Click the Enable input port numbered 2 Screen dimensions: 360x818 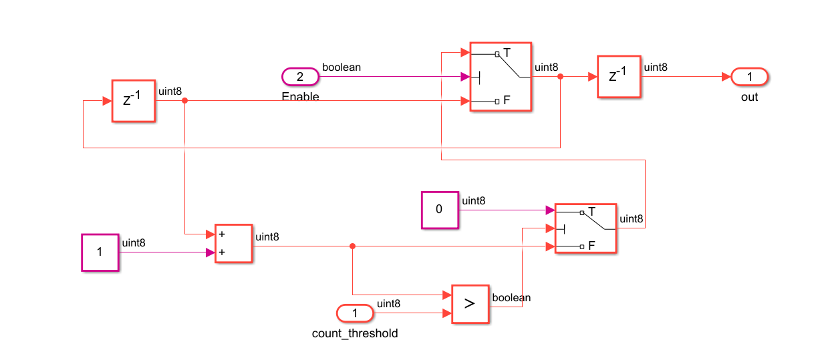(300, 77)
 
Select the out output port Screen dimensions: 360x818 (749, 77)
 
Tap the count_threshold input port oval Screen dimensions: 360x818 (355, 313)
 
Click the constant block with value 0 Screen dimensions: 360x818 (440, 210)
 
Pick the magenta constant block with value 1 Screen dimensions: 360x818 (100, 252)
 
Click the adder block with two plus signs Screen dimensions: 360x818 (233, 244)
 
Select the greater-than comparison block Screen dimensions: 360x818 (470, 304)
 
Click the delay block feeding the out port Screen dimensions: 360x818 (618, 76)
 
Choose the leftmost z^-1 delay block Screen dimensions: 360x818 (133, 101)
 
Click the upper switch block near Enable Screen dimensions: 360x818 (501, 77)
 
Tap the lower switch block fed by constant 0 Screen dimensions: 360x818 (585, 229)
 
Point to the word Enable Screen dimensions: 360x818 (301, 97)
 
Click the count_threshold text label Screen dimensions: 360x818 (355, 333)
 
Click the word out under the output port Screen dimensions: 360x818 (749, 97)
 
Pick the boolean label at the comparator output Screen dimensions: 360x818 (511, 298)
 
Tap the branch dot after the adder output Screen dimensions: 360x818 (352, 246)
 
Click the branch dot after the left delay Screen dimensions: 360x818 (184, 101)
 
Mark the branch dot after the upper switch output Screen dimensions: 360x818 (560, 77)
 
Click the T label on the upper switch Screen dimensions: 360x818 (507, 52)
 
